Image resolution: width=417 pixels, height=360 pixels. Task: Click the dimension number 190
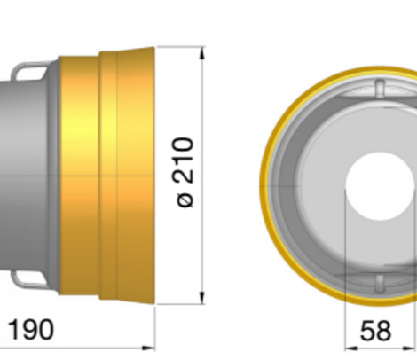[31, 330]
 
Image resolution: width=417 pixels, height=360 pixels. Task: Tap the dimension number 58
[375, 331]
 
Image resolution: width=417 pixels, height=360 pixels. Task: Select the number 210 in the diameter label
[185, 160]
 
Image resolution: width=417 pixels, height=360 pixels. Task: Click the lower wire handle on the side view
[33, 281]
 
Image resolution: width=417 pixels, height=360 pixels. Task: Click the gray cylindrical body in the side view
[31, 177]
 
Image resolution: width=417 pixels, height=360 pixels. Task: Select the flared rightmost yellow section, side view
[136, 177]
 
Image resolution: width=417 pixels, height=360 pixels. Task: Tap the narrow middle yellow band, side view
[107, 177]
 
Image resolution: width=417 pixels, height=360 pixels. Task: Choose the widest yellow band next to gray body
[78, 177]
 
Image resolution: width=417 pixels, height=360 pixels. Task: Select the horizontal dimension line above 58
[382, 348]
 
